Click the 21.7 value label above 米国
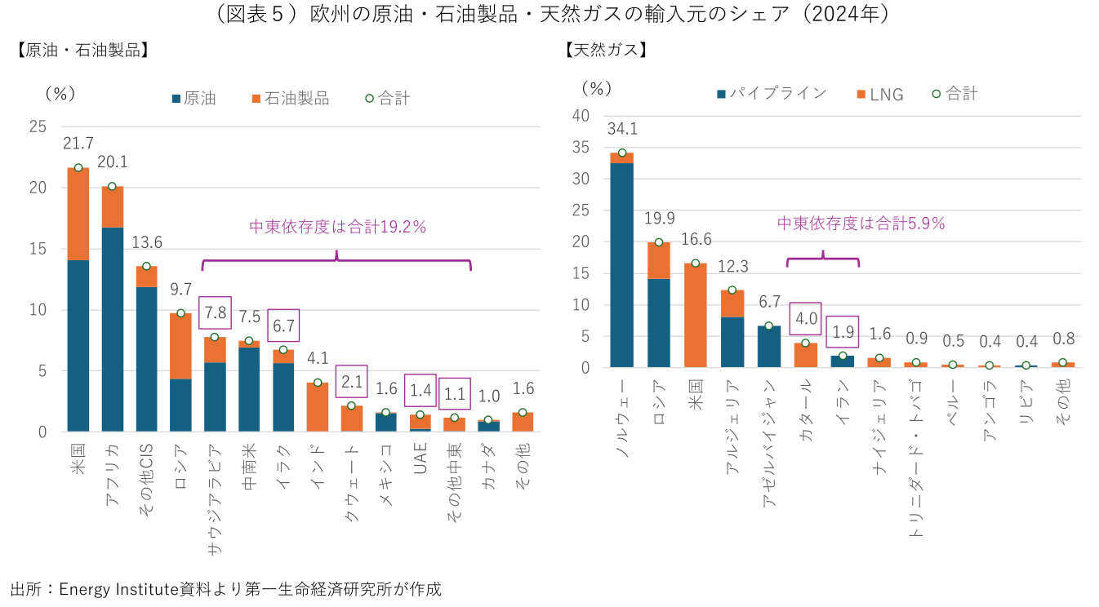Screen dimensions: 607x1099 pos(78,143)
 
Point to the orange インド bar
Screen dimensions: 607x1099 pos(317,406)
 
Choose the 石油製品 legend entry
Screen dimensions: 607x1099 pos(290,99)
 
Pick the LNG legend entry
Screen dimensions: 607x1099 pos(879,94)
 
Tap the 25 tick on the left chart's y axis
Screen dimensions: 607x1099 pos(38,126)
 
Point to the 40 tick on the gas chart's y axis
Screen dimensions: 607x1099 pos(581,115)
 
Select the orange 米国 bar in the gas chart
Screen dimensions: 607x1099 pos(696,315)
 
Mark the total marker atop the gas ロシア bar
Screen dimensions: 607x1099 pos(659,242)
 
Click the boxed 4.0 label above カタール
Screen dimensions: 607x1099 pos(806,317)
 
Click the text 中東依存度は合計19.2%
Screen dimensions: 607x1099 pos(337,227)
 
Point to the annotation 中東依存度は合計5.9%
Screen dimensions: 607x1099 pos(861,223)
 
